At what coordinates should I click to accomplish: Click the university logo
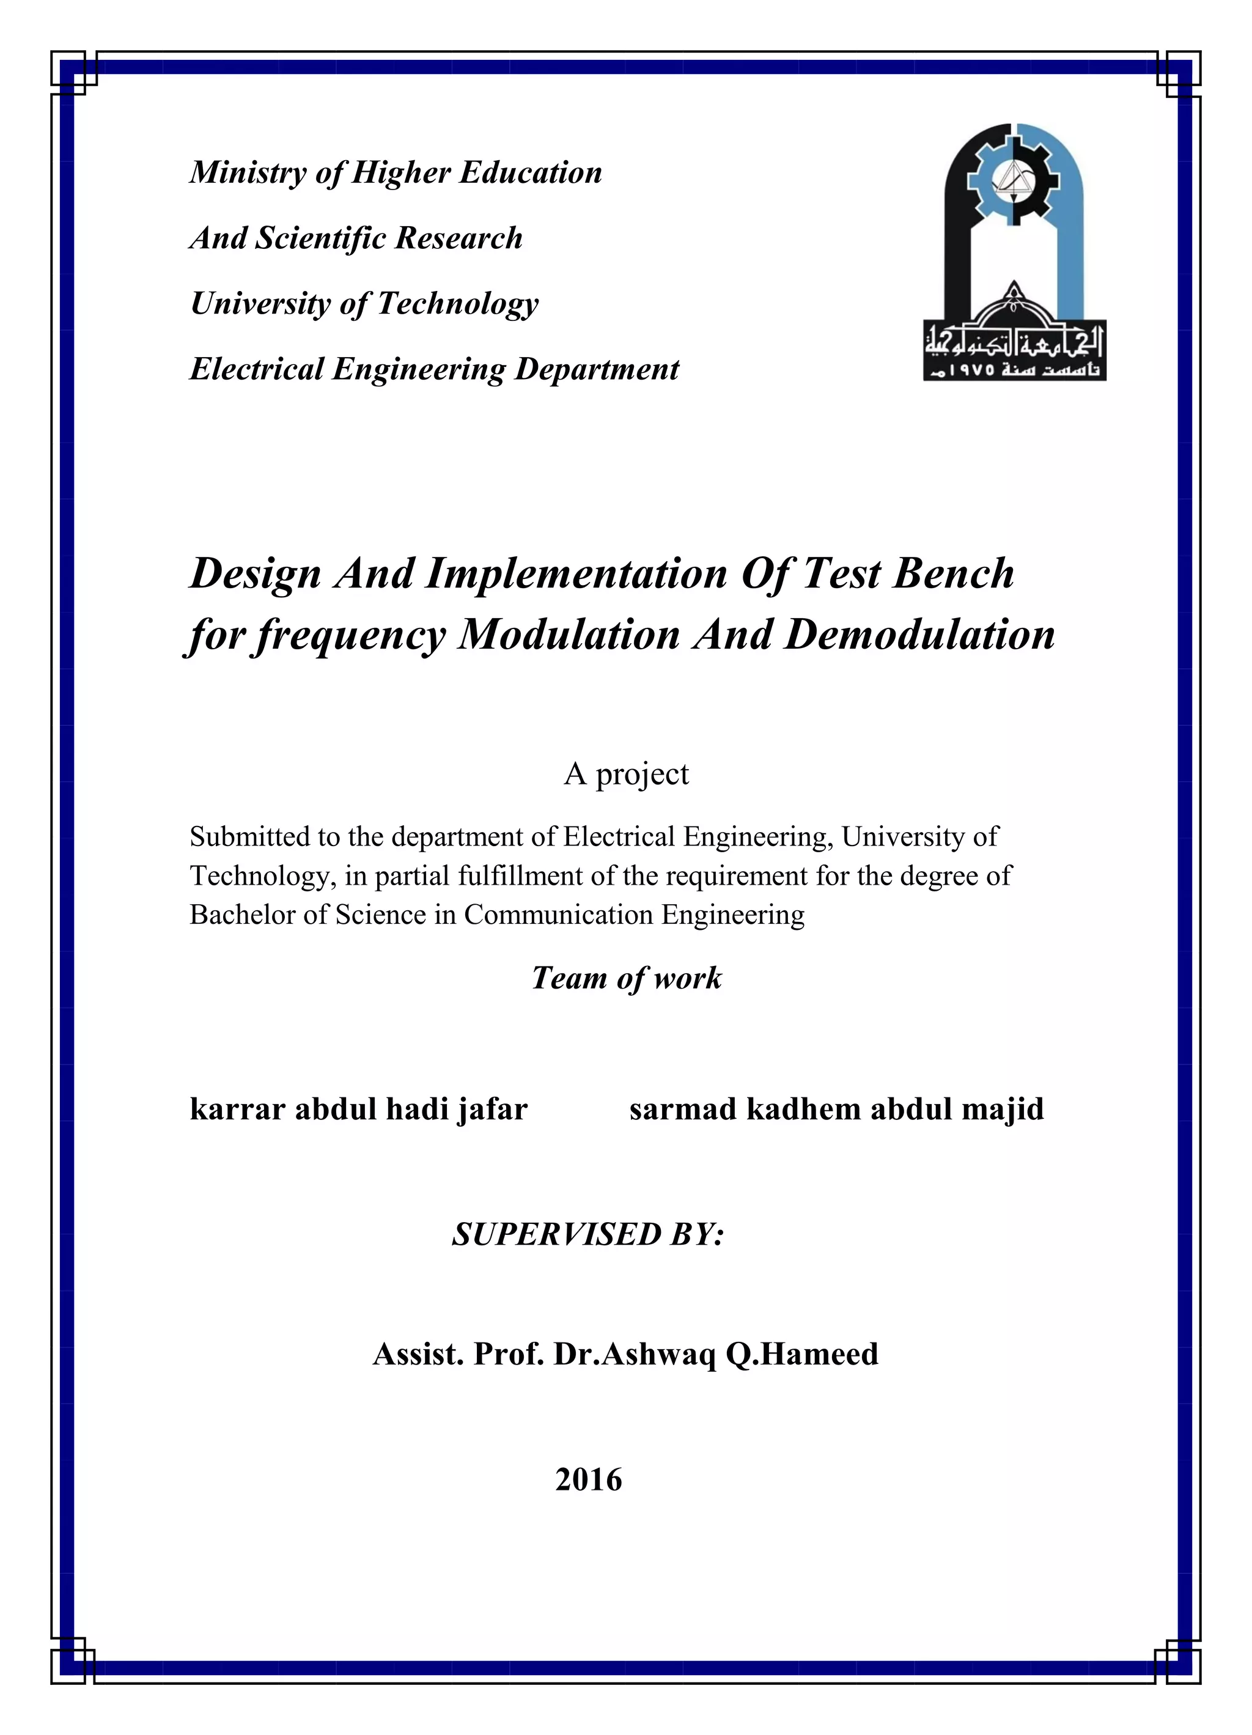(1014, 252)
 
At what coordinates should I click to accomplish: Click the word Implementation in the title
(575, 573)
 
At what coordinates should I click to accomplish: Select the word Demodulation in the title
(919, 635)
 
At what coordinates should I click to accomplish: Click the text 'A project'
(627, 774)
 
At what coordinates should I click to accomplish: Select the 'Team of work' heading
(627, 978)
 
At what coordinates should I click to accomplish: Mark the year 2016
(588, 1480)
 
